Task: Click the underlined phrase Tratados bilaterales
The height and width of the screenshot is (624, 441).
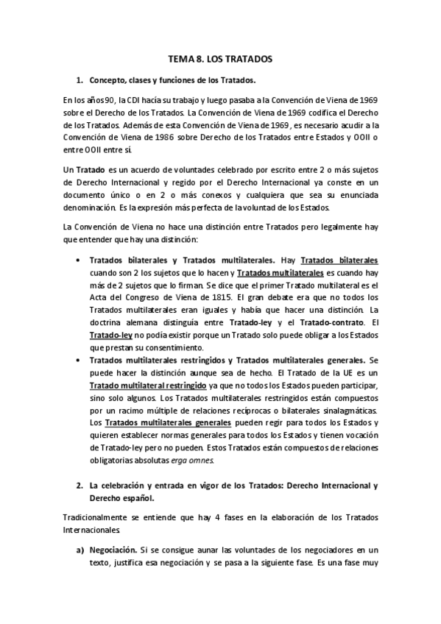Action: tap(339, 260)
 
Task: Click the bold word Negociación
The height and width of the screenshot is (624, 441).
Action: tap(113, 549)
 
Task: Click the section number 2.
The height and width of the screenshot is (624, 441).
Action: tap(80, 486)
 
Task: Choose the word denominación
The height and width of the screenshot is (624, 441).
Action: tap(86, 207)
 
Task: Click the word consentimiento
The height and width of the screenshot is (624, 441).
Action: tap(171, 347)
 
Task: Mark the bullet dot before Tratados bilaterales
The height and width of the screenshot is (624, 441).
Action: tap(79, 260)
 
